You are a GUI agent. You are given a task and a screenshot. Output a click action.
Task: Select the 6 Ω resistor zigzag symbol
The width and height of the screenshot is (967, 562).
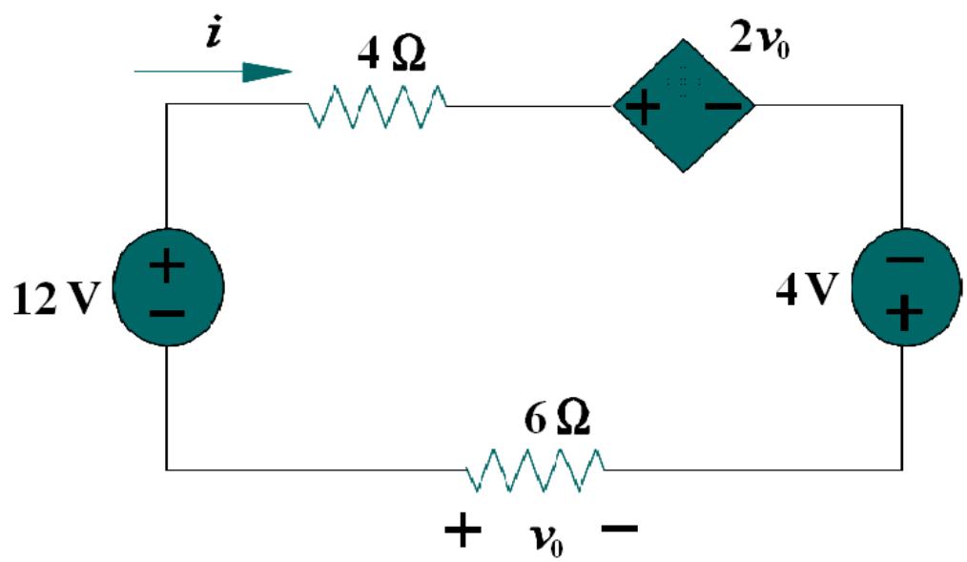534,469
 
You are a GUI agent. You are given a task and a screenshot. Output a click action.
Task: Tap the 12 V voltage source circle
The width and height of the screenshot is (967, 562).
168,287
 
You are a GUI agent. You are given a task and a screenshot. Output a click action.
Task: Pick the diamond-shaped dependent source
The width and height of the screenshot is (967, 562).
683,105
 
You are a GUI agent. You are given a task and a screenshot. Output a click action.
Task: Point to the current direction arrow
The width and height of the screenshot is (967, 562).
214,72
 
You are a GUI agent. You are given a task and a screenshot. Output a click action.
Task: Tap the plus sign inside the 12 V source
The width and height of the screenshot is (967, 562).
167,265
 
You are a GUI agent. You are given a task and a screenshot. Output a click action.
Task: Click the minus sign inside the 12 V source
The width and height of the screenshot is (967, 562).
168,313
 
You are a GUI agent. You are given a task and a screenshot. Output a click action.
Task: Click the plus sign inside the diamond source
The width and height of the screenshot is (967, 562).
644,107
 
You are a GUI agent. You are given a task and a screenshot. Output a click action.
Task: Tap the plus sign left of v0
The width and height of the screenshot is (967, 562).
463,531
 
